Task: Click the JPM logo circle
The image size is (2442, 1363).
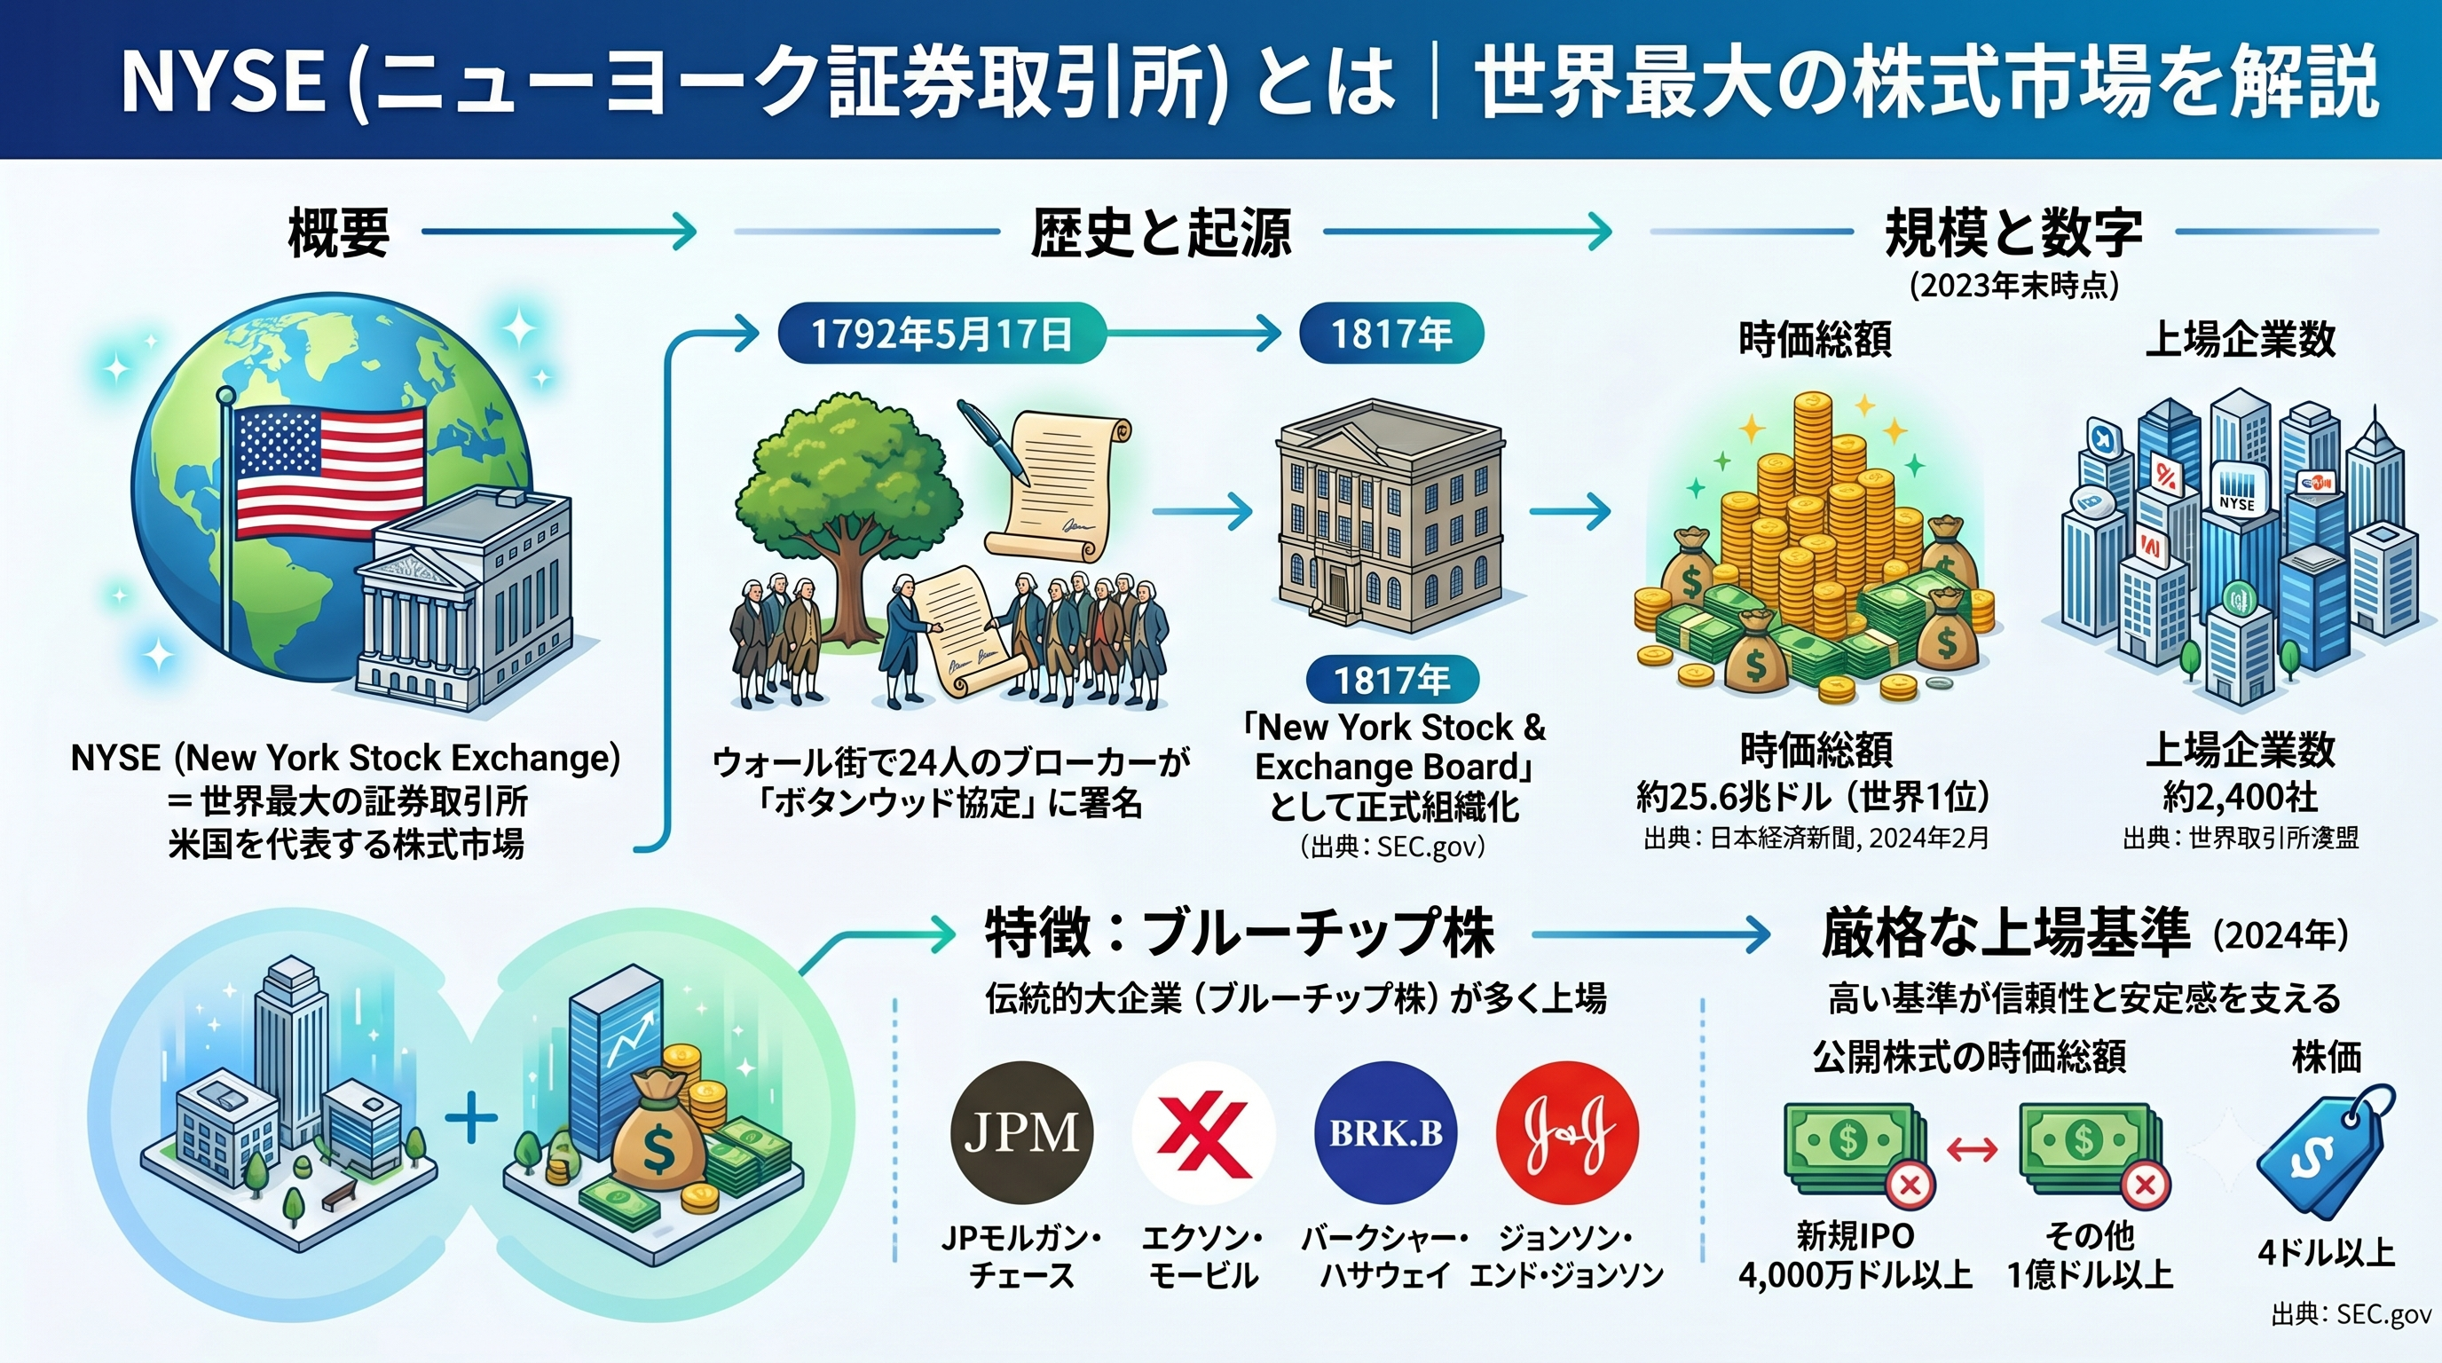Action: [1021, 1132]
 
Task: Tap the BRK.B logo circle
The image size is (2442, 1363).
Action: [1385, 1132]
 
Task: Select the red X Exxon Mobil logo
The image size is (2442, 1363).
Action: [1203, 1132]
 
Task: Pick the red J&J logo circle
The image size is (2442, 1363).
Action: [1567, 1132]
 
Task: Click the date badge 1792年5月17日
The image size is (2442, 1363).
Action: [941, 334]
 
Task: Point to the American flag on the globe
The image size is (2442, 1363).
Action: [329, 471]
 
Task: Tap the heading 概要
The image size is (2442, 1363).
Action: [339, 232]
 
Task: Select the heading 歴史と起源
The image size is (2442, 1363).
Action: [1161, 232]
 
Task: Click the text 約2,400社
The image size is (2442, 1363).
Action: [2240, 796]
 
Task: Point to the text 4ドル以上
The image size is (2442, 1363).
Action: [2327, 1253]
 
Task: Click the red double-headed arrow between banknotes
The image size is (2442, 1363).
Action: [1972, 1151]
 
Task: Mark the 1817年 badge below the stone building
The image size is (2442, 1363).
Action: [1391, 680]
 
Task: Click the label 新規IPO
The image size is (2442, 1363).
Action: [1855, 1236]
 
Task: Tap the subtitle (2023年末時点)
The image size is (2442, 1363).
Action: [2013, 286]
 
